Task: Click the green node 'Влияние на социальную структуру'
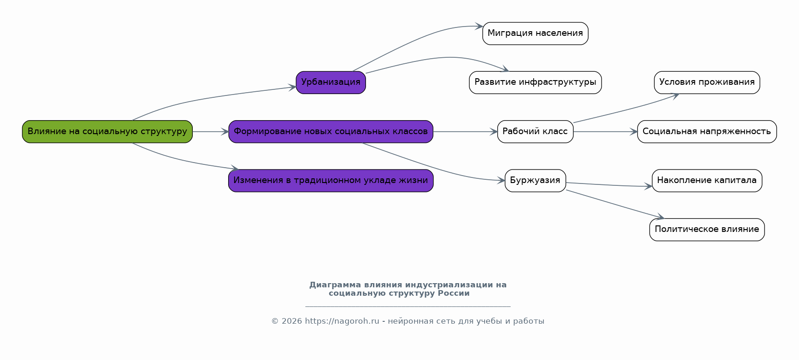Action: click(107, 131)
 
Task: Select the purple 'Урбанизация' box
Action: click(331, 82)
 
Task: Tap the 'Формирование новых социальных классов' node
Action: click(331, 131)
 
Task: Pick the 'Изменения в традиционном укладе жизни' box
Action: click(331, 180)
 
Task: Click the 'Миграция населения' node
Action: click(535, 34)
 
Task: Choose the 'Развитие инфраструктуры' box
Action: click(535, 82)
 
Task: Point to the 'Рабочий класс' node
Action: click(535, 131)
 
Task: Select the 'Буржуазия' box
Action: click(535, 180)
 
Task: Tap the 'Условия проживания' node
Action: click(707, 82)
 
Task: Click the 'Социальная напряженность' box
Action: click(707, 131)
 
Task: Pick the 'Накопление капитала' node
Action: click(707, 180)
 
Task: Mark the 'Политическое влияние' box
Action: click(707, 230)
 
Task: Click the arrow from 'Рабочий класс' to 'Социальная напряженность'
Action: click(605, 132)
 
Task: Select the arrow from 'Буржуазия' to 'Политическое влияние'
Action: click(615, 204)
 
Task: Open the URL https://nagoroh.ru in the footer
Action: click(342, 321)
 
